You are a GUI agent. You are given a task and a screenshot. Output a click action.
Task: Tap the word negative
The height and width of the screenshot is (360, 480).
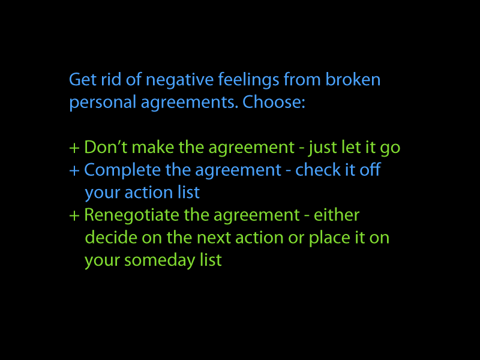click(179, 81)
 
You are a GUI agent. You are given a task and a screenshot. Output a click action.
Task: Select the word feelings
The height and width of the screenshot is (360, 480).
click(248, 81)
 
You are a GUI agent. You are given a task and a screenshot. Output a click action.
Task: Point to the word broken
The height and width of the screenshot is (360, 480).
click(353, 80)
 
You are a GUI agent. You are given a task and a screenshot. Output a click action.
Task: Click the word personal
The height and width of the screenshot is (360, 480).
click(103, 103)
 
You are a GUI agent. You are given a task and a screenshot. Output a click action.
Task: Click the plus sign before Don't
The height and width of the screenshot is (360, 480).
click(74, 148)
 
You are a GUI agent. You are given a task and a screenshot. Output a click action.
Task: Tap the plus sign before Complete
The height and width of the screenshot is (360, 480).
click(74, 171)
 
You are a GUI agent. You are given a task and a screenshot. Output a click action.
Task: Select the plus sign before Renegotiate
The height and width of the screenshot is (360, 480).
click(74, 216)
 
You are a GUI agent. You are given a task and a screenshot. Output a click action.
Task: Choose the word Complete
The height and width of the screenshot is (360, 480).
click(122, 171)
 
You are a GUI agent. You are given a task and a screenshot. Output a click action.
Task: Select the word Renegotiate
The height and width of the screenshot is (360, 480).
click(131, 216)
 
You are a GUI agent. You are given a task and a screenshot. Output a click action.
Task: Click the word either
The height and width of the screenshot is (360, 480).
click(337, 215)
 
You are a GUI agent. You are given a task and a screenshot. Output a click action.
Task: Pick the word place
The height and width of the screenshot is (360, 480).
click(329, 238)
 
